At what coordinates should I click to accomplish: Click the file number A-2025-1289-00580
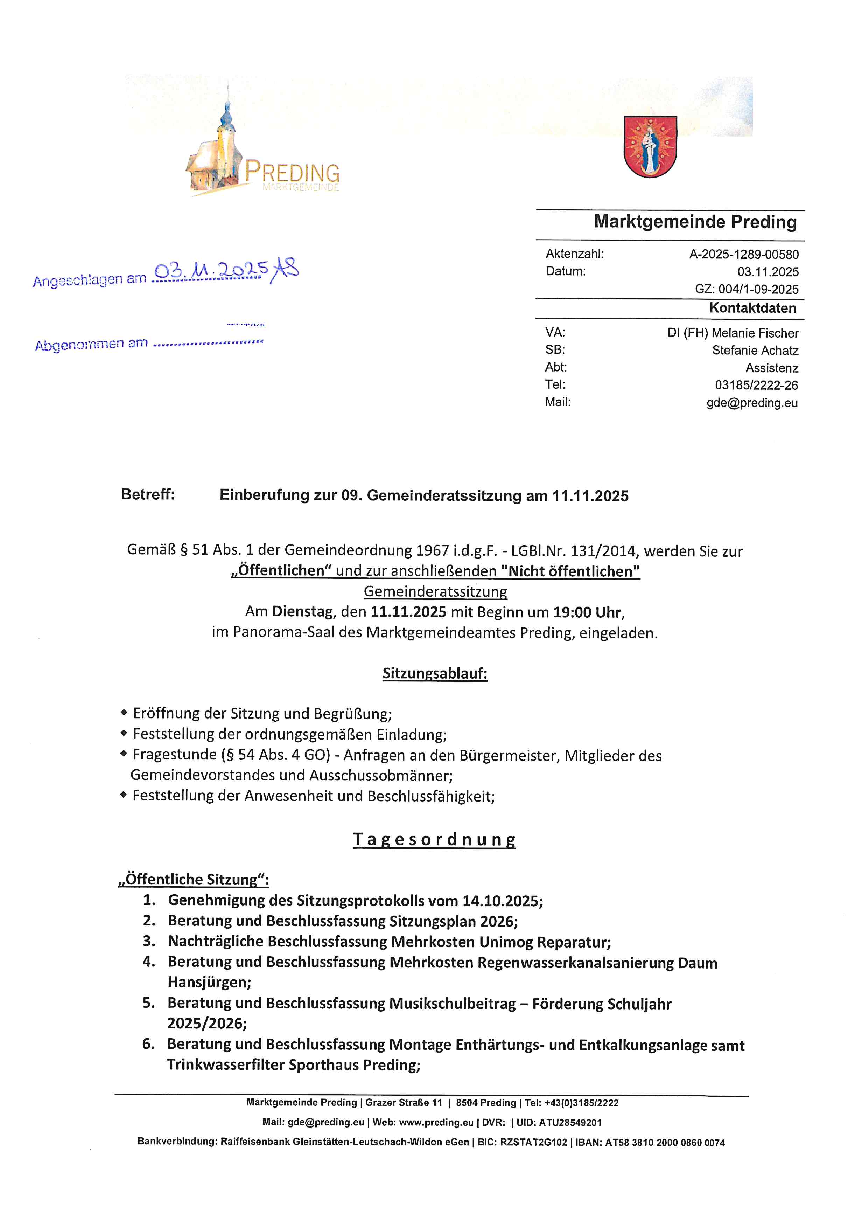click(743, 255)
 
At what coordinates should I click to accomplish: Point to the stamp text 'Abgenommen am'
click(91, 345)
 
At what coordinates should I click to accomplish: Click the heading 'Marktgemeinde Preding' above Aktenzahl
click(695, 222)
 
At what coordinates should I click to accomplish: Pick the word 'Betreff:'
click(147, 494)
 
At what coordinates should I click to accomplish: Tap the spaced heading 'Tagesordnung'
click(434, 839)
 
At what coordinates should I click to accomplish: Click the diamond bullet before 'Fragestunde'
click(124, 754)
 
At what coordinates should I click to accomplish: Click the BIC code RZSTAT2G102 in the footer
click(533, 1143)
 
